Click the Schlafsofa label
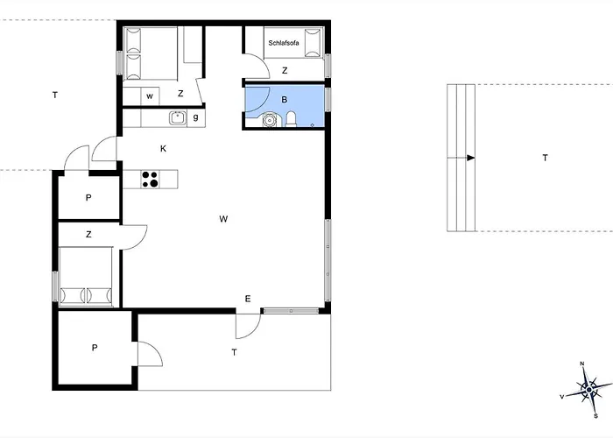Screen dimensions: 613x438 click(284, 43)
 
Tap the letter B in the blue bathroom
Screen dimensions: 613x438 click(285, 100)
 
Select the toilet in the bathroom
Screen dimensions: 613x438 click(292, 119)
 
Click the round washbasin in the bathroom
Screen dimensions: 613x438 click(269, 120)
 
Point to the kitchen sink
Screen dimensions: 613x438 click(178, 118)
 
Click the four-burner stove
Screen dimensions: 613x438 click(150, 179)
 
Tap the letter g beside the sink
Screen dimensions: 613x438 click(196, 117)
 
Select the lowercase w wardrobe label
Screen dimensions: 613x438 click(150, 96)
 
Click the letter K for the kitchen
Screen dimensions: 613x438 click(164, 149)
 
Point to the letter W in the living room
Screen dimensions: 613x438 click(223, 219)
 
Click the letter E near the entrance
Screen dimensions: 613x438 click(248, 300)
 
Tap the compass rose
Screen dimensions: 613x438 click(588, 390)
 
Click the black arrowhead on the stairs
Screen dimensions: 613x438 click(471, 158)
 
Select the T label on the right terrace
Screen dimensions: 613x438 click(545, 158)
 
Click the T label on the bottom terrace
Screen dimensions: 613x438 click(234, 352)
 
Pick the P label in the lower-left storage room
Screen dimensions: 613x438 click(95, 348)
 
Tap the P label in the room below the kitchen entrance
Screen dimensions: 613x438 click(88, 197)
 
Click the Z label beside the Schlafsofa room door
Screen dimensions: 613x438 click(285, 70)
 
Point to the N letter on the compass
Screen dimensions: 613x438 click(582, 364)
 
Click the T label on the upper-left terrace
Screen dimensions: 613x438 click(55, 95)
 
